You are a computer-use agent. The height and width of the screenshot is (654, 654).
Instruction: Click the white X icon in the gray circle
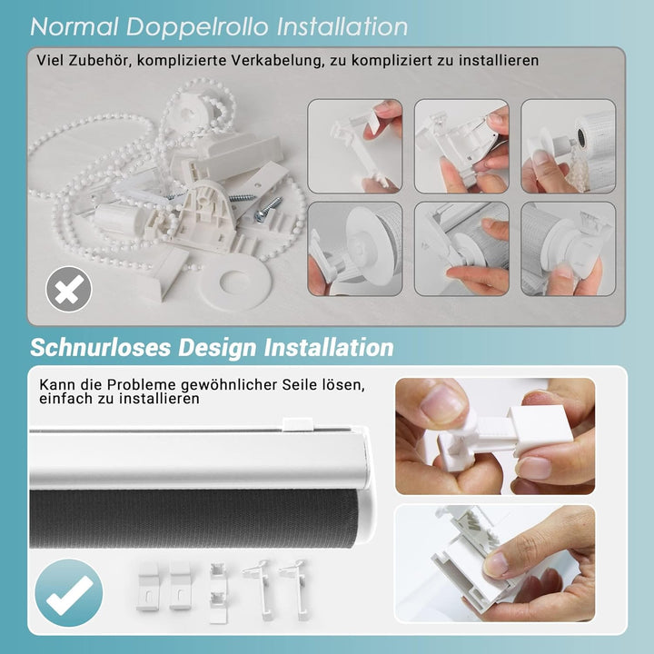coord(69,291)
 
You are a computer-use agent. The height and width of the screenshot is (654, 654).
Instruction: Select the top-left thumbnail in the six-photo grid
coord(355,145)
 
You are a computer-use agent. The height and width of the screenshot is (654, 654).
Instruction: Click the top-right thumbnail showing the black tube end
coord(568,145)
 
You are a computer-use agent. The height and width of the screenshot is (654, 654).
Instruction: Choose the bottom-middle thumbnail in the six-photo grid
coord(461,248)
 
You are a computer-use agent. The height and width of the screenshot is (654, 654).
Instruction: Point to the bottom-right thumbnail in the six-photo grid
coord(568,248)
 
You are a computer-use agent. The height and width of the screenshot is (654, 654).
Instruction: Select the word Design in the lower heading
coord(216,348)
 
